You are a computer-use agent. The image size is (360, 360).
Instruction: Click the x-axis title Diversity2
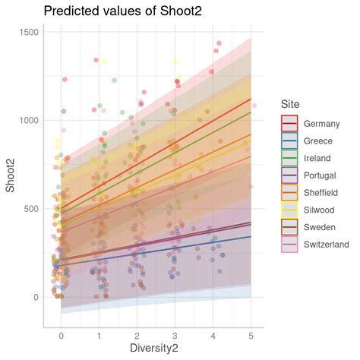[156, 349]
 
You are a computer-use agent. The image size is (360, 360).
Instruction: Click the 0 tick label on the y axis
[35, 297]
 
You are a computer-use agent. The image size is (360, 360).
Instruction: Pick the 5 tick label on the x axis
[251, 334]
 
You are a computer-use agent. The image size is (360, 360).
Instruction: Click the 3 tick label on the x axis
[175, 334]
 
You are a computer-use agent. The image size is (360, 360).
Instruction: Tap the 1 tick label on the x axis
[99, 334]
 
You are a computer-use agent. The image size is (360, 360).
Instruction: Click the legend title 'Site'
[292, 104]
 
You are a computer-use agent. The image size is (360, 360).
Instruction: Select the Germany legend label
[321, 123]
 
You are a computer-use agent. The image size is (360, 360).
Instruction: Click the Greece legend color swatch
[289, 141]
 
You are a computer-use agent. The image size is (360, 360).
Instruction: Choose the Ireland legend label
[317, 158]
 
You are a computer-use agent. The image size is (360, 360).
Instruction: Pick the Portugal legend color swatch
[289, 175]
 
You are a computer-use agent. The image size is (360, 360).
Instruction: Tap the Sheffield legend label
[322, 193]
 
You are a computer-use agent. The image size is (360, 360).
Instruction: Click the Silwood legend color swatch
[289, 210]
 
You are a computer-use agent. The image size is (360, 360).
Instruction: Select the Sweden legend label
[319, 227]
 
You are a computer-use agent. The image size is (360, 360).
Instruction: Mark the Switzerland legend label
[326, 245]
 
